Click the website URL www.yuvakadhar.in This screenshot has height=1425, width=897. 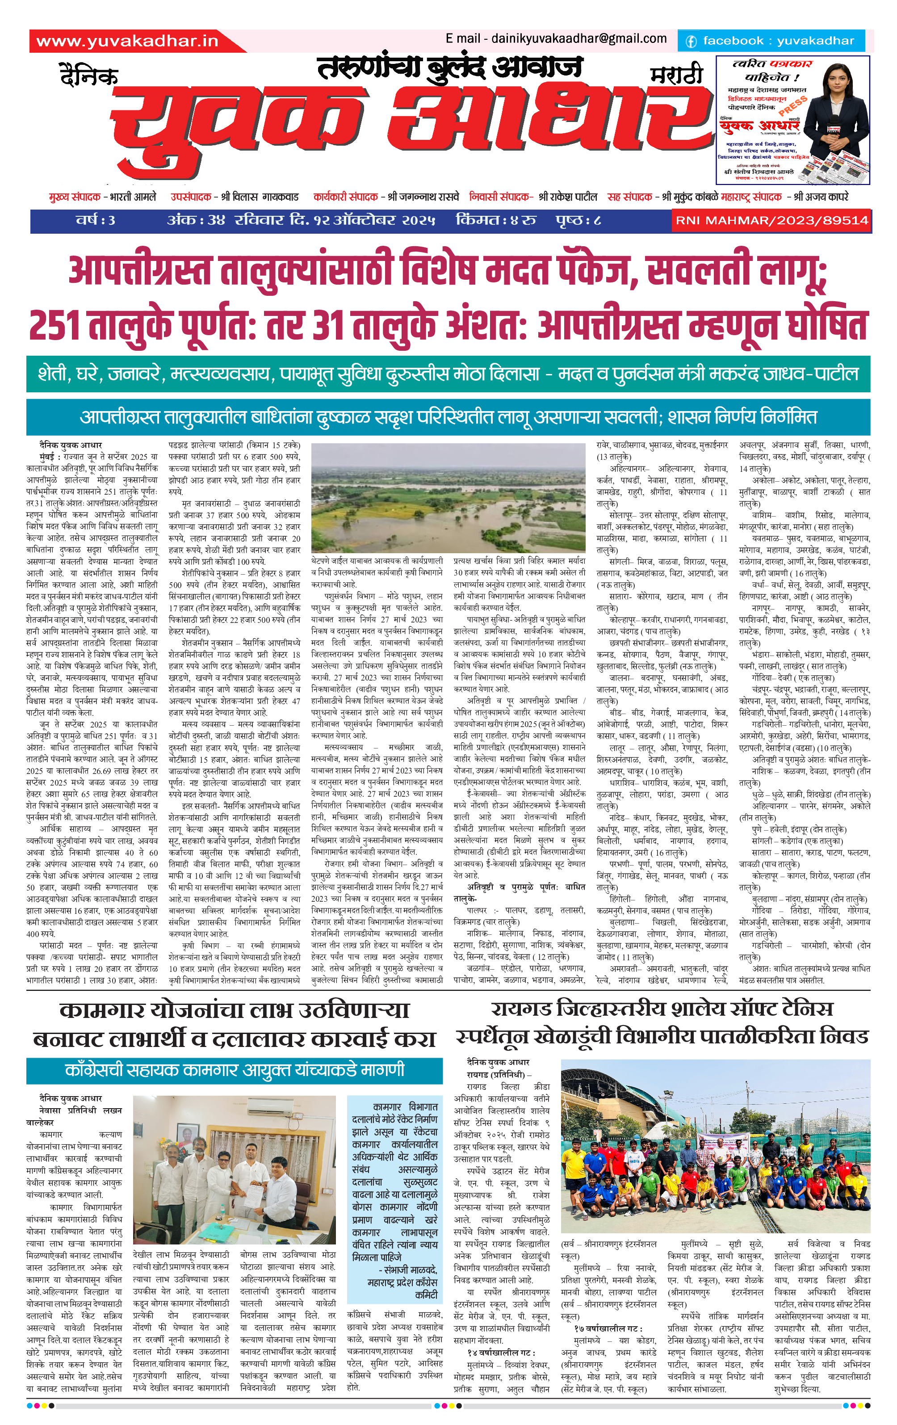(127, 41)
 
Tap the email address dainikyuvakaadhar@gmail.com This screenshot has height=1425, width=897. (578, 39)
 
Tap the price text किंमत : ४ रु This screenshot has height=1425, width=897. (496, 221)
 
